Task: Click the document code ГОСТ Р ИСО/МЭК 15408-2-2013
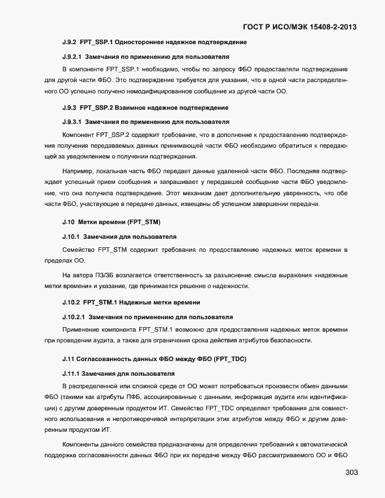[300, 27]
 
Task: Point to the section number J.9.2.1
[72, 57]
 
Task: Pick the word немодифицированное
[183, 92]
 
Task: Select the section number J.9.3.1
[72, 122]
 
